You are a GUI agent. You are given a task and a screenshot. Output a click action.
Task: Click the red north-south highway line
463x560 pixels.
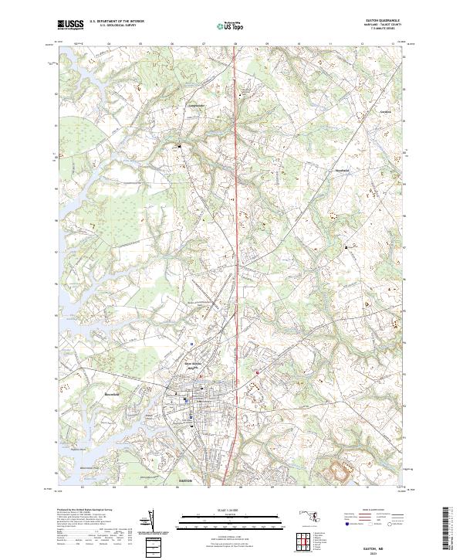tap(235, 232)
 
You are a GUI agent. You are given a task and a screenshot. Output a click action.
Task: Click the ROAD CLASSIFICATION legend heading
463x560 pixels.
tap(370, 511)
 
